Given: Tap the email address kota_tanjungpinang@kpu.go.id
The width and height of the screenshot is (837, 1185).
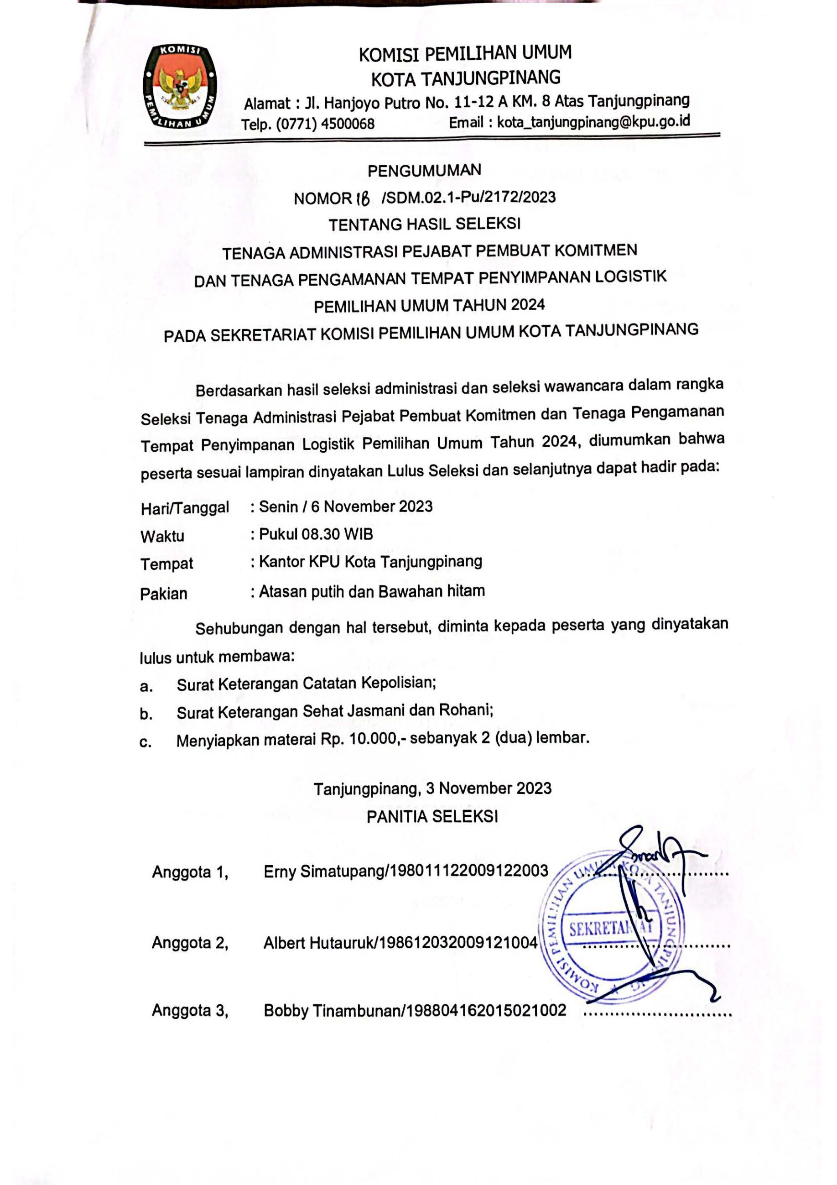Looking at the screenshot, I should coord(593,121).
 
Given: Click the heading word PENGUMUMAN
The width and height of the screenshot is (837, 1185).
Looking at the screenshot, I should coord(424,170).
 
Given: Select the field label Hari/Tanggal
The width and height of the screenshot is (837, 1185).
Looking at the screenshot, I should coord(185,508).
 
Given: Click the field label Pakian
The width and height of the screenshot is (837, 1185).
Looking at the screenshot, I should coord(164,594).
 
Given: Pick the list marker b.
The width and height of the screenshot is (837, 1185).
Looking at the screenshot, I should coord(146,715).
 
